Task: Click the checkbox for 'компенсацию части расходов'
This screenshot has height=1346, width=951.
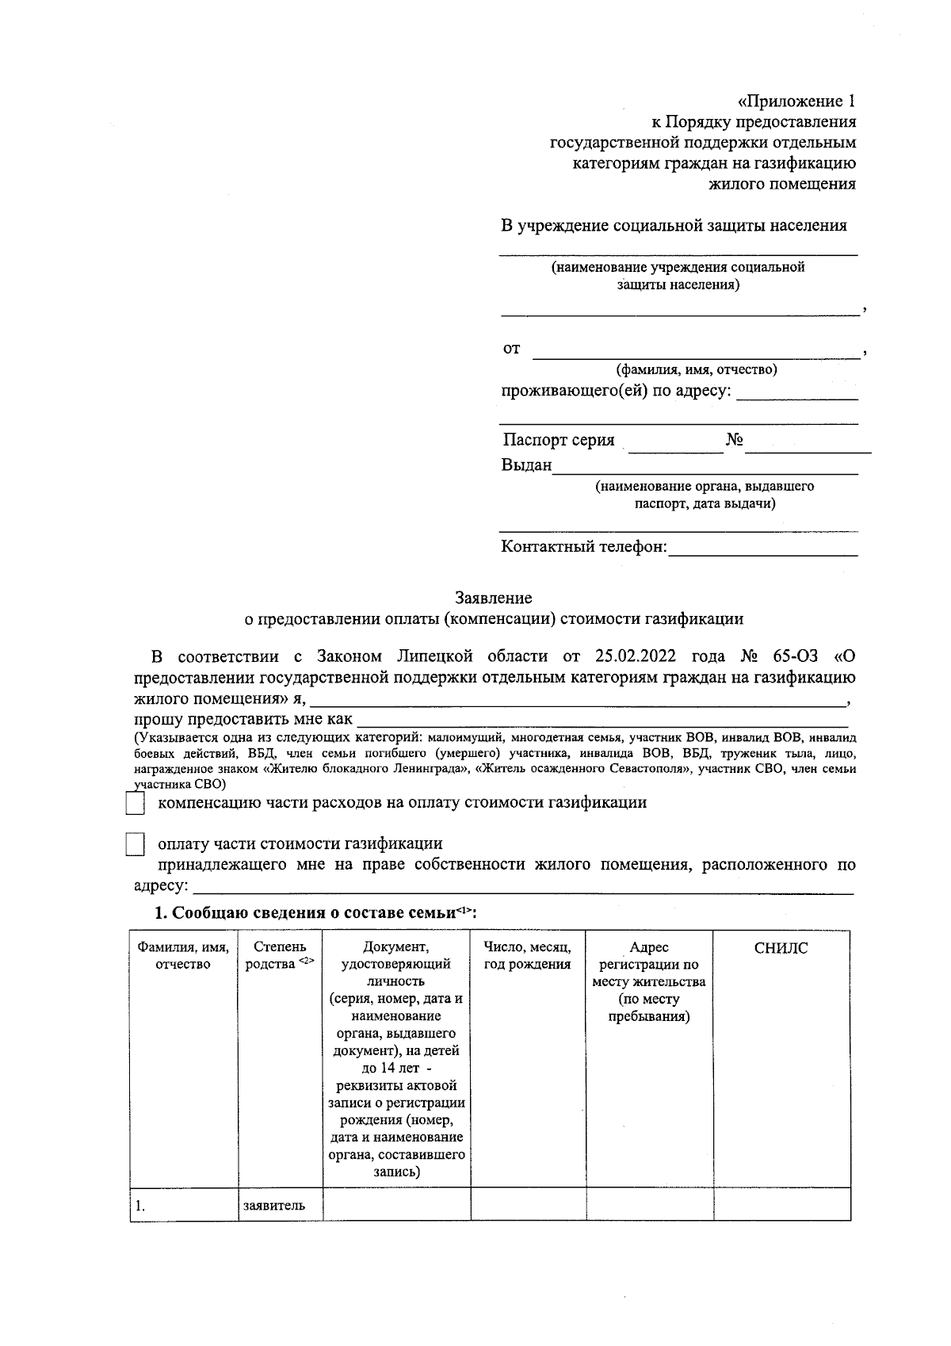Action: pyautogui.click(x=136, y=804)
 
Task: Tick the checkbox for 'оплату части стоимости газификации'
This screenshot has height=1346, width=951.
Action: pyautogui.click(x=136, y=844)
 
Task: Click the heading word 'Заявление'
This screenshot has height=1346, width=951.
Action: pyautogui.click(x=493, y=598)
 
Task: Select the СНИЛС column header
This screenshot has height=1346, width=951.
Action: pyautogui.click(x=781, y=948)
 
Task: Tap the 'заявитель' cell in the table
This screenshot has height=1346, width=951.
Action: pyautogui.click(x=273, y=1206)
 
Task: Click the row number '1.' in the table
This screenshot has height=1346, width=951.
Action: pyautogui.click(x=140, y=1206)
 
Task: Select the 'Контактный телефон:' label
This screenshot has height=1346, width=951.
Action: pyautogui.click(x=584, y=547)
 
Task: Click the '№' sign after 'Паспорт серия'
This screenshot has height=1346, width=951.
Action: pyautogui.click(x=734, y=441)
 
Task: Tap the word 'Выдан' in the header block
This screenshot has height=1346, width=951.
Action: pyautogui.click(x=526, y=465)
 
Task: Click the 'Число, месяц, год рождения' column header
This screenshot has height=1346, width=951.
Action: pyautogui.click(x=527, y=955)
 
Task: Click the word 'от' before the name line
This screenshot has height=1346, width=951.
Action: pyautogui.click(x=512, y=349)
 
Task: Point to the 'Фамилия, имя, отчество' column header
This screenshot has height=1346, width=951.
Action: pyautogui.click(x=183, y=955)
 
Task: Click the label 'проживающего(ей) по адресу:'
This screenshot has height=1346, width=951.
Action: pyautogui.click(x=616, y=392)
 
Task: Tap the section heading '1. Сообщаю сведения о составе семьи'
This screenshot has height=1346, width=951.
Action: pyautogui.click(x=315, y=912)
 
